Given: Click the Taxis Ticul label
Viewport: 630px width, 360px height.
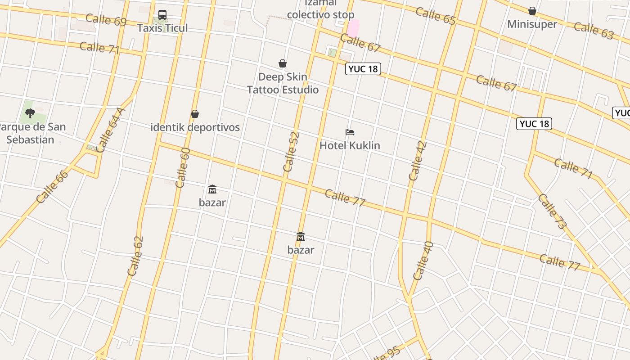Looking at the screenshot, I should click(162, 28).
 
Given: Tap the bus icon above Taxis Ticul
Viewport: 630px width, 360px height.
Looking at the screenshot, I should click(162, 15).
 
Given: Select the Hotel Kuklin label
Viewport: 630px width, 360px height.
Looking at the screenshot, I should click(350, 145).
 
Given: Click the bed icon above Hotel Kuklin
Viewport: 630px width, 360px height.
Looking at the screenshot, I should click(350, 132).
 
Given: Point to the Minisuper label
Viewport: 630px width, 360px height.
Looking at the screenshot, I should click(532, 24).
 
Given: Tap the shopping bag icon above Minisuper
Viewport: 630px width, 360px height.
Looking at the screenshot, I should click(532, 11).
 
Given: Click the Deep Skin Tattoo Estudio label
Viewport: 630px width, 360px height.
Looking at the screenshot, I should click(283, 83).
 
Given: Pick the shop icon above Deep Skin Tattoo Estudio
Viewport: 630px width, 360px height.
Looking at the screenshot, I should click(283, 64).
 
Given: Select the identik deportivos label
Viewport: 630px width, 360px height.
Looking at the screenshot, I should click(195, 127).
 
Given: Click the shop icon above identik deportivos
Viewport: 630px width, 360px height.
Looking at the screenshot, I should click(195, 114).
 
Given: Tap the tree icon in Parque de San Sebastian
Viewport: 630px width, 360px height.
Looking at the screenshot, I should click(30, 113).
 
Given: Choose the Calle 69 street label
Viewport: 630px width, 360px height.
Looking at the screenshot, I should click(106, 20).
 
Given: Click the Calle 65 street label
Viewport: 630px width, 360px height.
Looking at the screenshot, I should click(436, 16).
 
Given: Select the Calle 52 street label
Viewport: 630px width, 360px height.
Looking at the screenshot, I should click(291, 152).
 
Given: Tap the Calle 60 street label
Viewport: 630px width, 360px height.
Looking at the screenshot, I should click(183, 167).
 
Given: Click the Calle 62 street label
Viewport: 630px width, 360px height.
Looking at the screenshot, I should click(135, 256).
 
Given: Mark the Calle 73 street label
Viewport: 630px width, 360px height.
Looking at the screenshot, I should click(552, 211).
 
